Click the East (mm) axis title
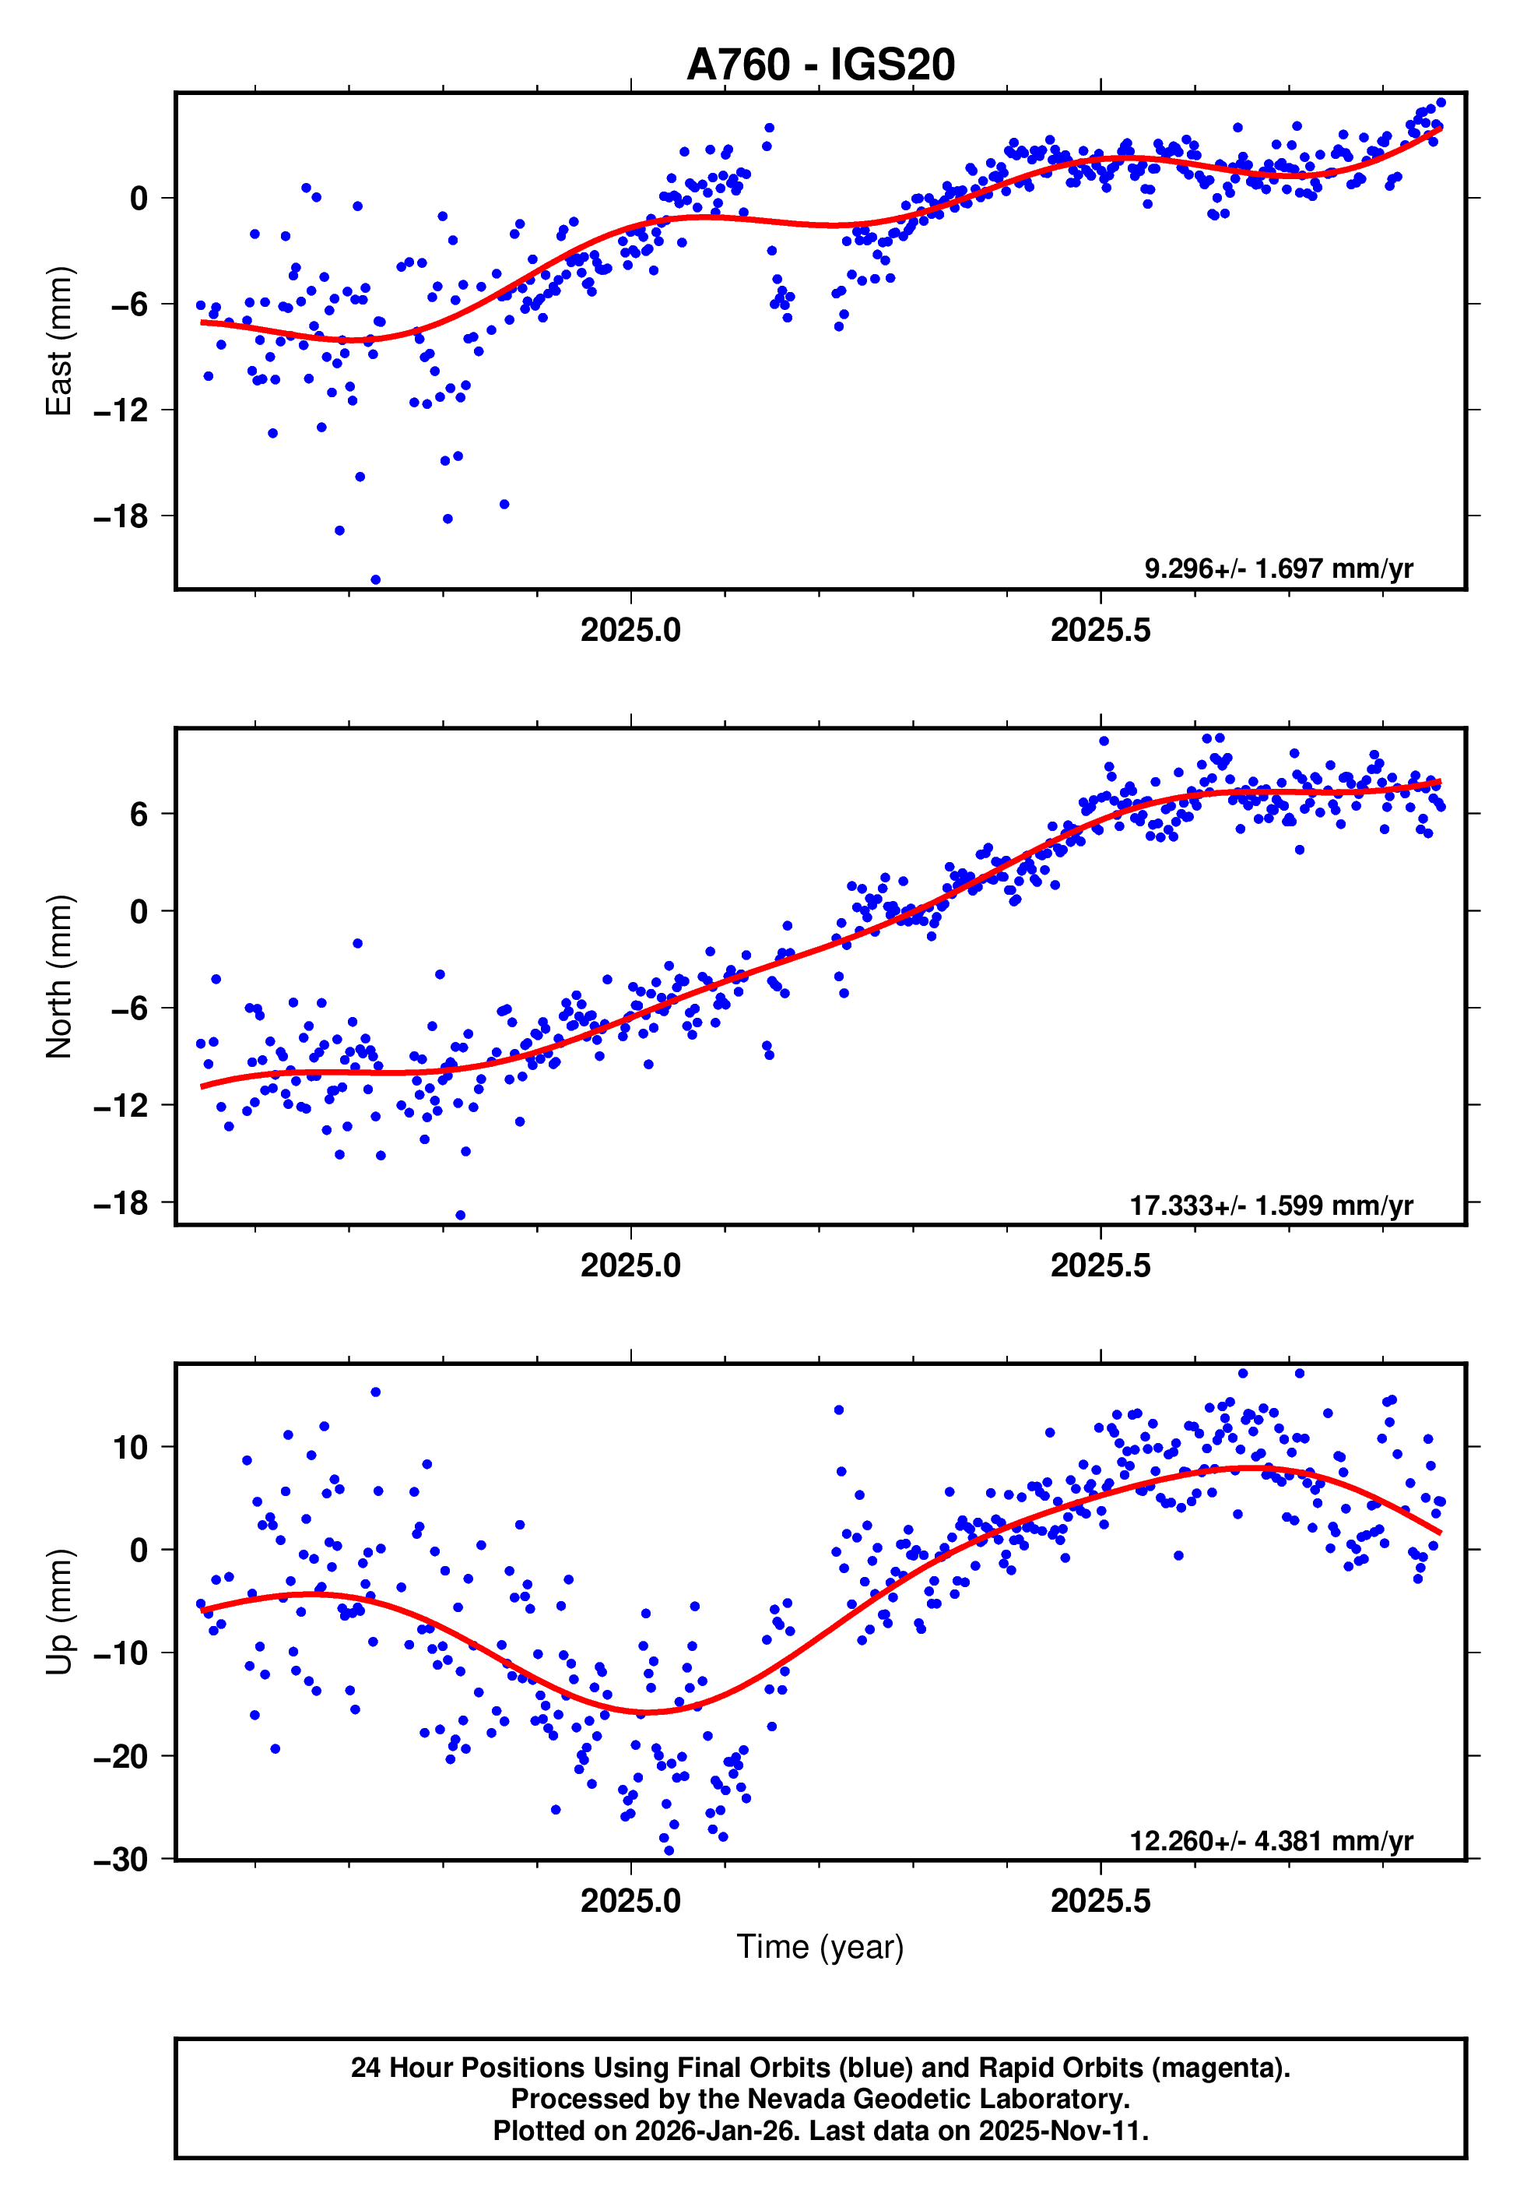pyautogui.click(x=59, y=341)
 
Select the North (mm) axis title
pyautogui.click(x=59, y=977)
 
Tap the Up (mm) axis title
pyautogui.click(x=59, y=1610)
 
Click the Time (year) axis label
pyautogui.click(x=820, y=1947)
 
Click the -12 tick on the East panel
pyautogui.click(x=121, y=410)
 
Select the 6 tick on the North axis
pyautogui.click(x=139, y=814)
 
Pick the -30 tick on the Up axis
pyautogui.click(x=121, y=1860)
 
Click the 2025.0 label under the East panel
pyautogui.click(x=630, y=631)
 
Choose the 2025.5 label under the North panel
pyautogui.click(x=1100, y=1266)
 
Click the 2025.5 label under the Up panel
pyautogui.click(x=1100, y=1901)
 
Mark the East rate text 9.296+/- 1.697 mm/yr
pyautogui.click(x=1278, y=569)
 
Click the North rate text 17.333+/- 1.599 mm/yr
pyautogui.click(x=1271, y=1206)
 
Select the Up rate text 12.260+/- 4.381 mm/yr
pyautogui.click(x=1271, y=1840)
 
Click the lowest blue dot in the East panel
pyautogui.click(x=375, y=580)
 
